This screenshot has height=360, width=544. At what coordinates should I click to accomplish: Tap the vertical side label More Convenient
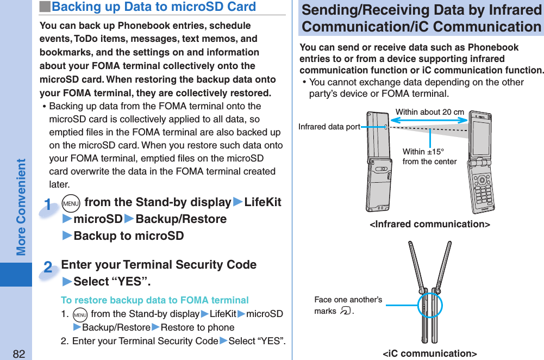pos(21,207)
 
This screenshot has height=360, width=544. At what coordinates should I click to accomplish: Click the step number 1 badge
pos(49,206)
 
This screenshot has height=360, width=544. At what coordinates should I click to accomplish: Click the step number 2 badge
pos(48,268)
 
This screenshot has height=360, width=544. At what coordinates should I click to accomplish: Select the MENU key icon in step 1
pos(71,203)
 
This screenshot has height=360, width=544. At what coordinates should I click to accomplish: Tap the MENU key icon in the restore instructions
pos(79,315)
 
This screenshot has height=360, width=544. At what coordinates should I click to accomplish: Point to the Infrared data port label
pos(329,127)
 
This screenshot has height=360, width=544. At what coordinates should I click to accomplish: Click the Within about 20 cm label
pos(429,112)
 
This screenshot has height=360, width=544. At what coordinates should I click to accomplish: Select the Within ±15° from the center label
pos(429,157)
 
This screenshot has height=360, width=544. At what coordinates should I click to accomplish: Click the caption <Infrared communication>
pos(429,224)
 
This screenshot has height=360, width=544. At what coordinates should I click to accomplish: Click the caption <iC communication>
pos(429,354)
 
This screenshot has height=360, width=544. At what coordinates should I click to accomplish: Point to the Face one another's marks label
pos(348,305)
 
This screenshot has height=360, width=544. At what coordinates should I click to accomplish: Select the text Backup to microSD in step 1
pos(128,236)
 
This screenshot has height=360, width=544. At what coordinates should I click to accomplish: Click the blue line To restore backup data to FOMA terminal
pos(155,300)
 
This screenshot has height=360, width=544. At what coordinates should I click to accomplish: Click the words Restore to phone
pos(197,327)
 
